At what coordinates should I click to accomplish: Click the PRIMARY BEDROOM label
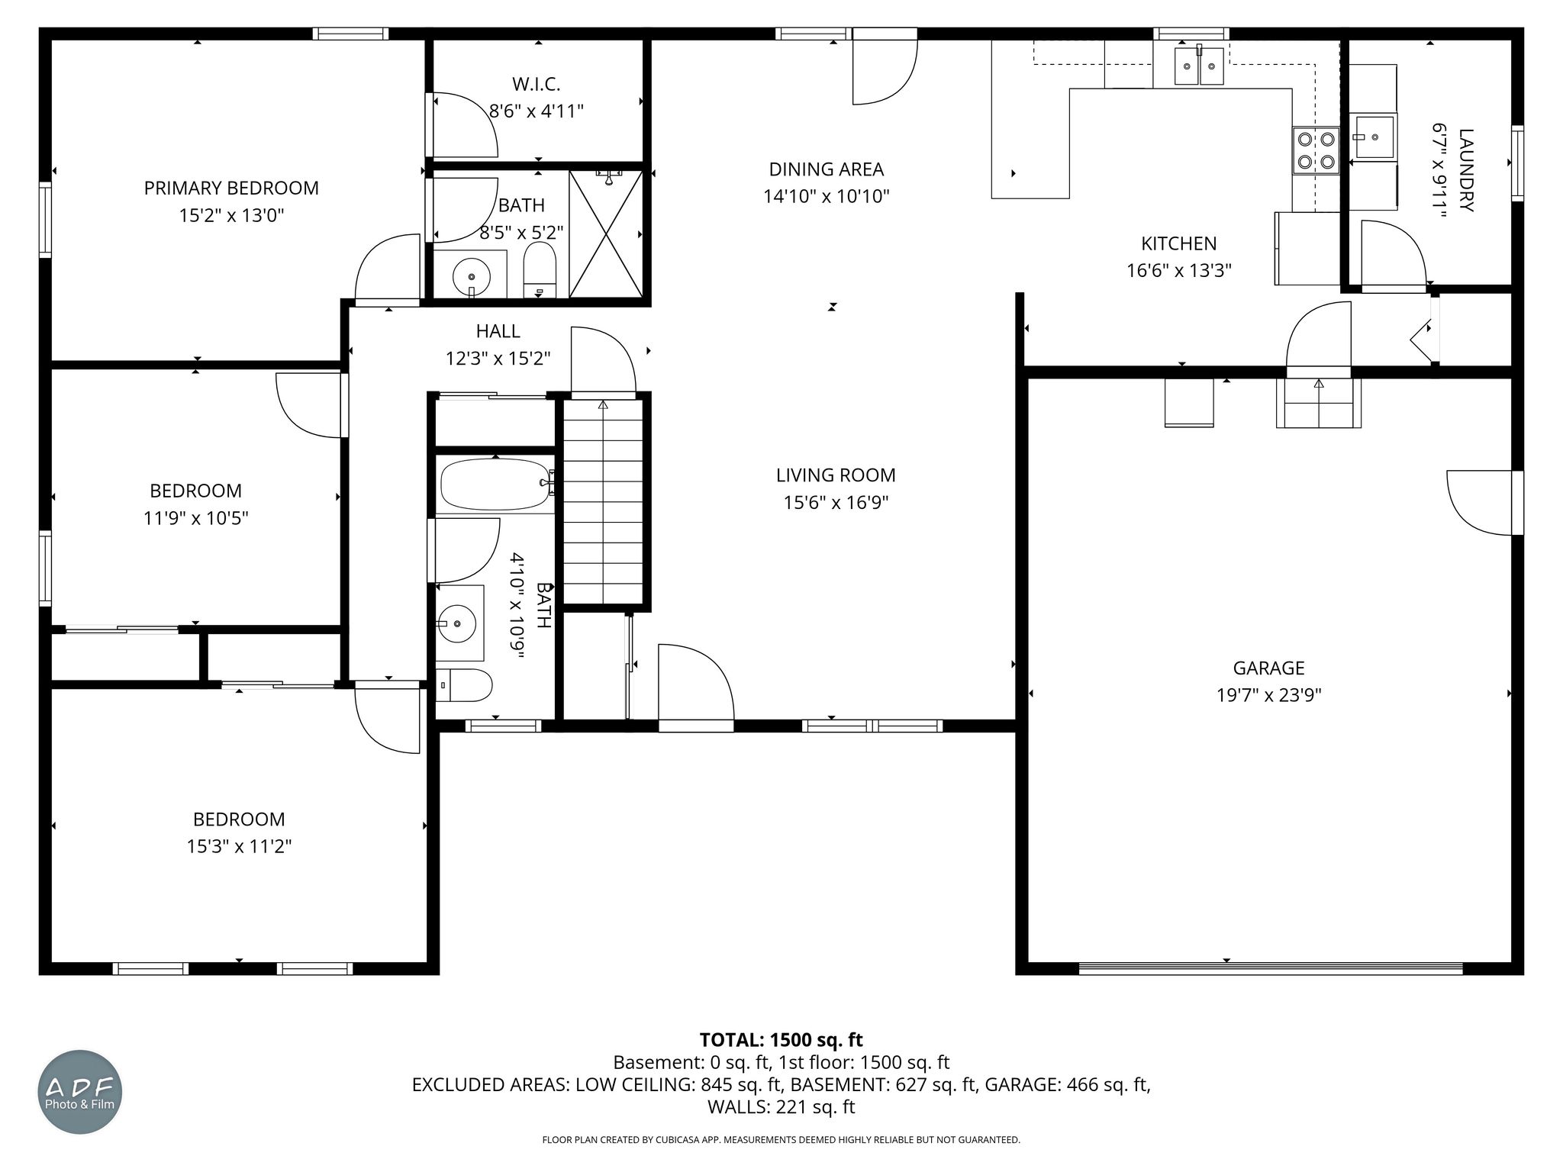[x=231, y=188]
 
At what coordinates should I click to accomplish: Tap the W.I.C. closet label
[x=536, y=84]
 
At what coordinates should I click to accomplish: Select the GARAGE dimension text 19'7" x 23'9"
[x=1268, y=695]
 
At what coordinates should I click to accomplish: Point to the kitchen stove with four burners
[x=1316, y=150]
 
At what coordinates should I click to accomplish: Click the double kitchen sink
[x=1199, y=66]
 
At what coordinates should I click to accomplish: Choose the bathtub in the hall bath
[x=496, y=485]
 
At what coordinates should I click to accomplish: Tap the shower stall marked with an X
[x=606, y=233]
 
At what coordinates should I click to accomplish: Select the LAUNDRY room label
[x=1466, y=170]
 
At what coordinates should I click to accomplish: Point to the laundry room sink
[x=1374, y=137]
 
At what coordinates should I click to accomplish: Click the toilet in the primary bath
[x=540, y=269]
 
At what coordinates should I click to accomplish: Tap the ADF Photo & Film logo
[x=80, y=1092]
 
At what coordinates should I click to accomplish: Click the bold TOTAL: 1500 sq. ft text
[x=781, y=1039]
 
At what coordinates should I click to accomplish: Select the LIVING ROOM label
[x=836, y=475]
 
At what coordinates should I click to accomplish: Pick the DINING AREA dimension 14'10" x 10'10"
[x=827, y=197]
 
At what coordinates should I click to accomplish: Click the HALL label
[x=498, y=331]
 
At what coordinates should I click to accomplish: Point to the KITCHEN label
[x=1178, y=243]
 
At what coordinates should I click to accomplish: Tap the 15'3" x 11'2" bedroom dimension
[x=239, y=846]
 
